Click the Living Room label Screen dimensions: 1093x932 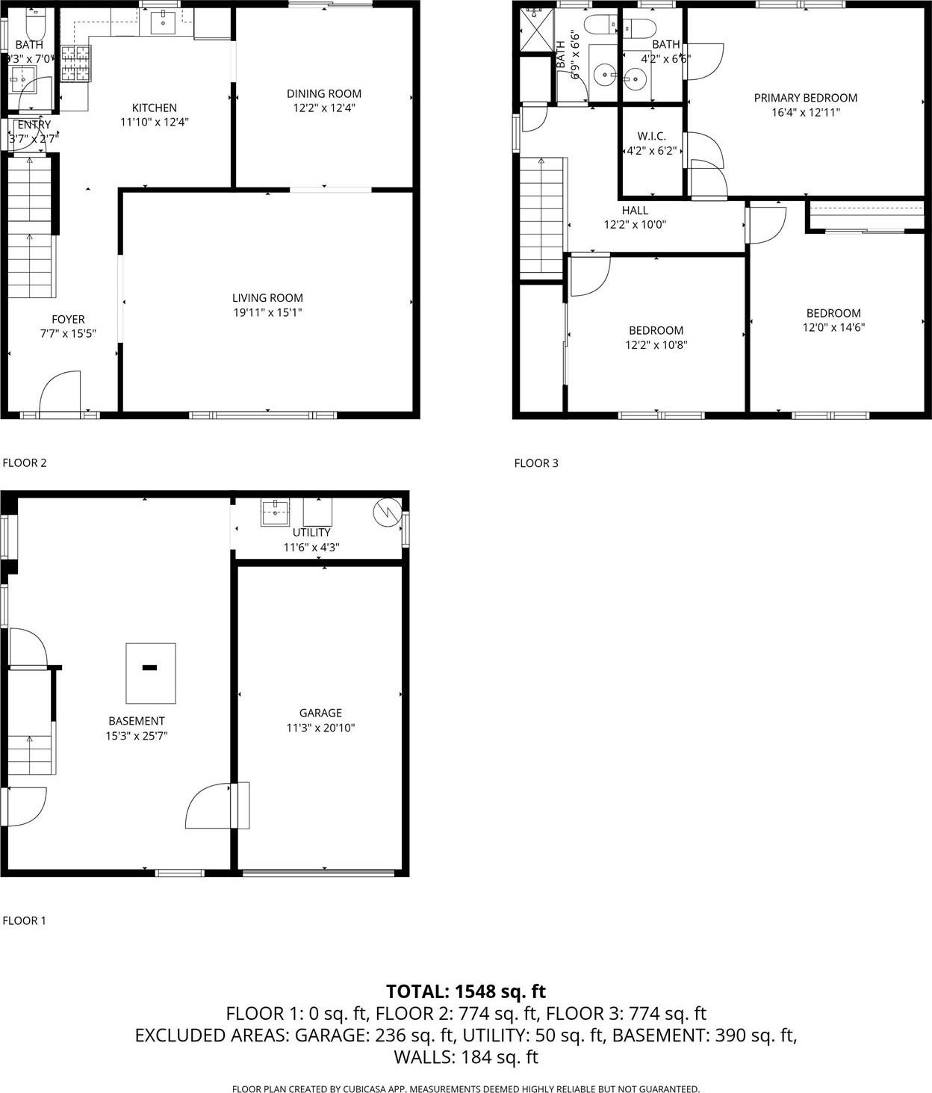[267, 297]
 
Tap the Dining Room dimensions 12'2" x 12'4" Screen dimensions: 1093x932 [324, 108]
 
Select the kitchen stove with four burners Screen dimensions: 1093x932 [75, 62]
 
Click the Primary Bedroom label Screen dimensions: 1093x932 [805, 98]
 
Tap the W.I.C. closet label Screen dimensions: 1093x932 [651, 136]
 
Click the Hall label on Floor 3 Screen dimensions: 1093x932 [635, 211]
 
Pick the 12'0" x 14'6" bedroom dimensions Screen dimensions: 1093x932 [833, 327]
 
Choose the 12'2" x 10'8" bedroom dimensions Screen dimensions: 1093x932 [656, 345]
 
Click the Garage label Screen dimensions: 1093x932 [320, 713]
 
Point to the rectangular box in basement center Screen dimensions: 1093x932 [151, 672]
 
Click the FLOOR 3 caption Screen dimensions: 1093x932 [536, 463]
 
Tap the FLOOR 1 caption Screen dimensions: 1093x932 [25, 920]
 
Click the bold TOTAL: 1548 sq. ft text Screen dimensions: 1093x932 [466, 991]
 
